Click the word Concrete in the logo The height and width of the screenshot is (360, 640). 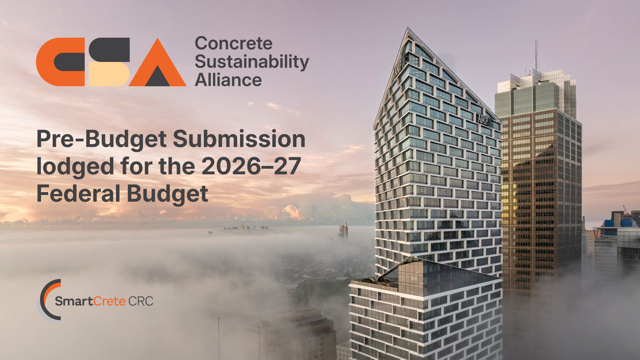tap(234, 44)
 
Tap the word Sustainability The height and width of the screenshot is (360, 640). tap(252, 62)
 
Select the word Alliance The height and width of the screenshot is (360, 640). tap(228, 80)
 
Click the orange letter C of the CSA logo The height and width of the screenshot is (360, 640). tap(60, 62)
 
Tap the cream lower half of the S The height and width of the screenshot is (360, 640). tap(109, 74)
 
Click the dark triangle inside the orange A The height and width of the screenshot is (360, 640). tap(158, 76)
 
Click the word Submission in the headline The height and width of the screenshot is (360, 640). tap(239, 139)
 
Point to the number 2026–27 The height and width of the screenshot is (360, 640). tap(251, 166)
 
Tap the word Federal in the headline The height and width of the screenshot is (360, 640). tap(78, 193)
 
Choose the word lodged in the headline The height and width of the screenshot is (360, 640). tap(75, 167)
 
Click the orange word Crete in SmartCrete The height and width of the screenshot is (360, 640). tap(109, 301)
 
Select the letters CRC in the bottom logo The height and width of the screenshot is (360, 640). tap(141, 301)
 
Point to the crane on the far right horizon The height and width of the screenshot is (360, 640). tap(626, 210)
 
